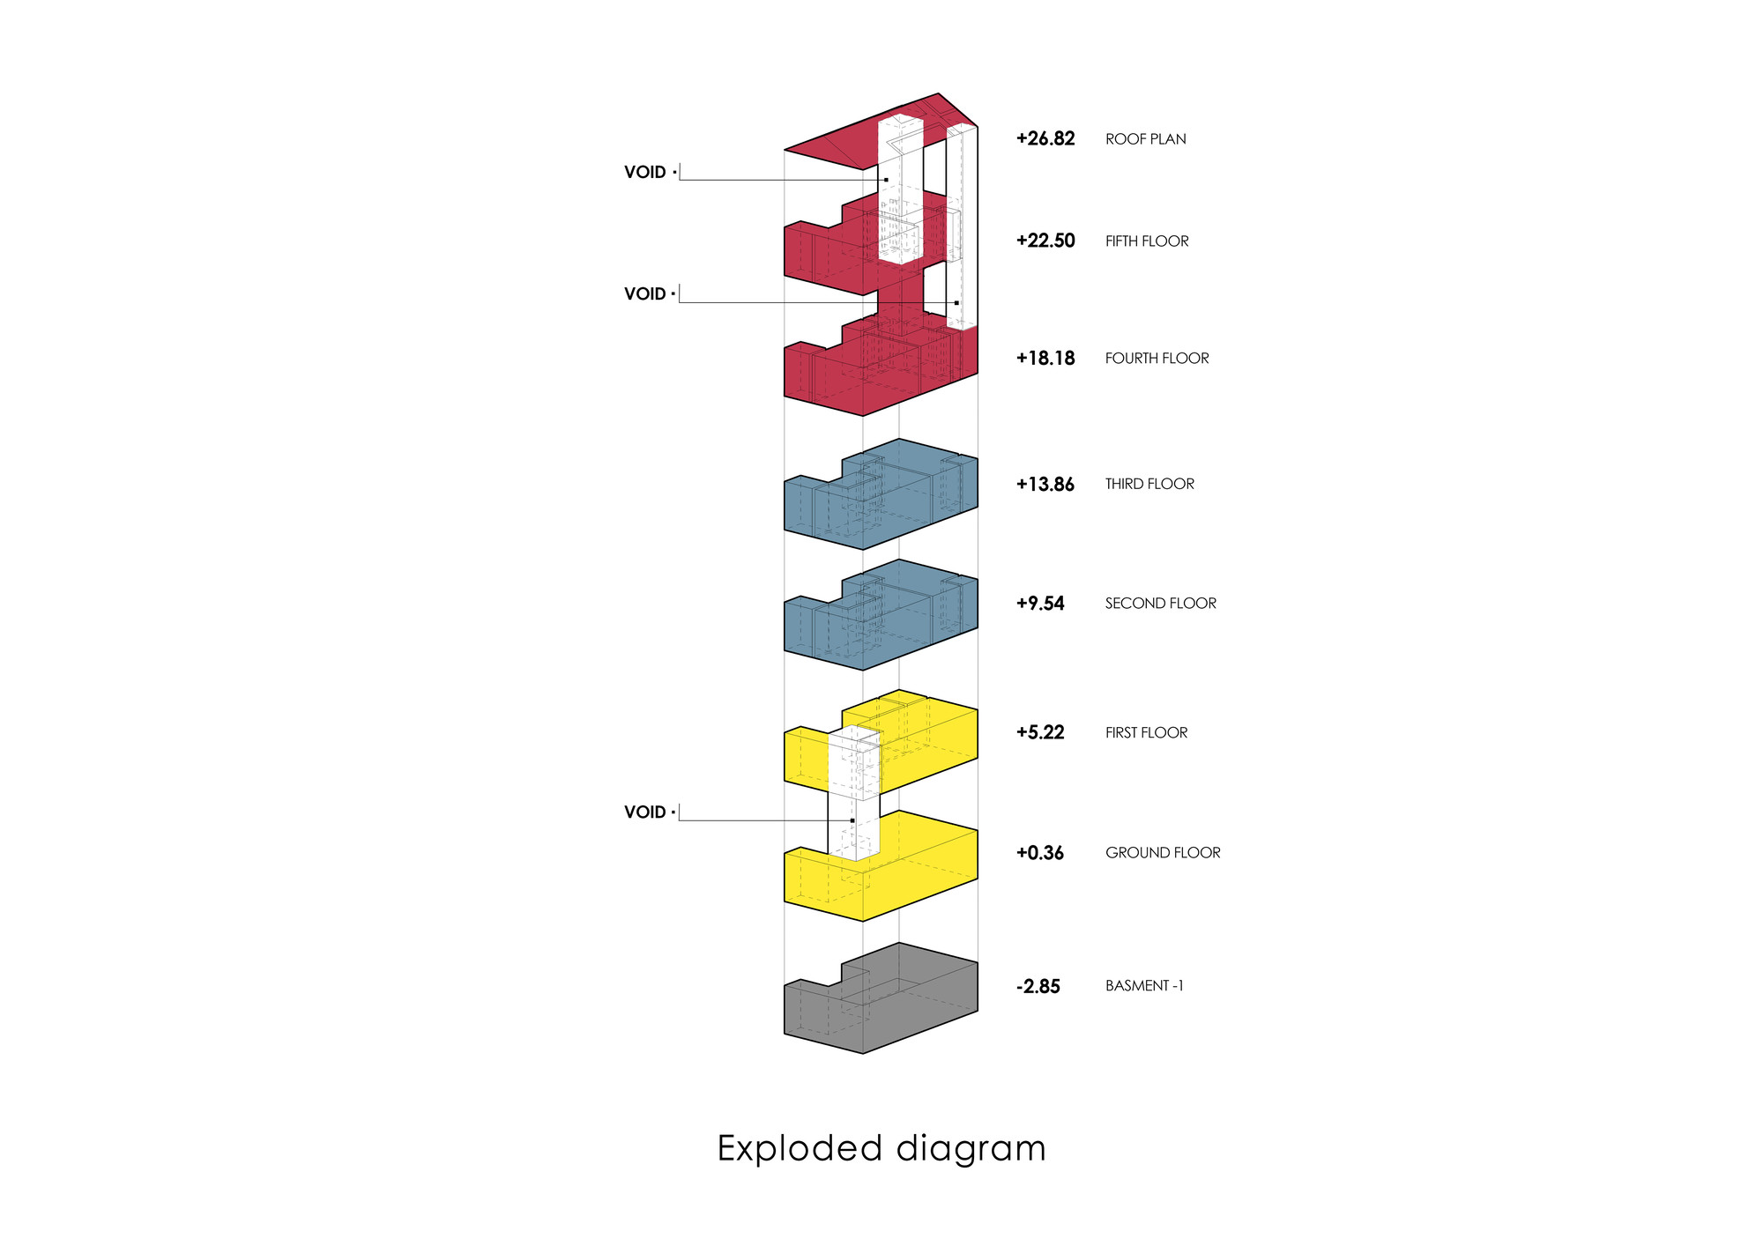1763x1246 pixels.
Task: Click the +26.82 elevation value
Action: (1045, 138)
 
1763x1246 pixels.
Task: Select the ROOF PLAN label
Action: (1145, 139)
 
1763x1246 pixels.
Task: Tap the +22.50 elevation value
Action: (1045, 241)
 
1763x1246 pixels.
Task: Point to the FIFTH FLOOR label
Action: (1146, 241)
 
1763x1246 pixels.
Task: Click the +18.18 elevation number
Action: (1045, 358)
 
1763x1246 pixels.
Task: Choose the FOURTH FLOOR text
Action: (1157, 359)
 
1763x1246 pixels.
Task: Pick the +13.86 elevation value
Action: (1045, 484)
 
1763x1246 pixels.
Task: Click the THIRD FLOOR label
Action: (1149, 484)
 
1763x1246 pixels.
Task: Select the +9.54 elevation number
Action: (1040, 604)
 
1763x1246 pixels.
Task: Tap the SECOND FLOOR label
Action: (1160, 604)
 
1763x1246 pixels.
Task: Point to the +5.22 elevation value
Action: (1040, 732)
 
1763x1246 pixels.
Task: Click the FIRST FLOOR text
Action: (1146, 733)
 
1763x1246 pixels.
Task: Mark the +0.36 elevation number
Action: (1040, 853)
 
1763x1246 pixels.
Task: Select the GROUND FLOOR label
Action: (1163, 853)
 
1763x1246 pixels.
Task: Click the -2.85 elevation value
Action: (1038, 986)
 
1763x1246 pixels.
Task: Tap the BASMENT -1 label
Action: (1144, 986)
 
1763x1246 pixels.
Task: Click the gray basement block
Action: (917, 1005)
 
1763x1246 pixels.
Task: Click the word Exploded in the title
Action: (800, 1149)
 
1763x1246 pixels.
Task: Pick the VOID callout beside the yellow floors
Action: (645, 812)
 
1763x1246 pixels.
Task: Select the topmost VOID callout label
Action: (645, 173)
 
